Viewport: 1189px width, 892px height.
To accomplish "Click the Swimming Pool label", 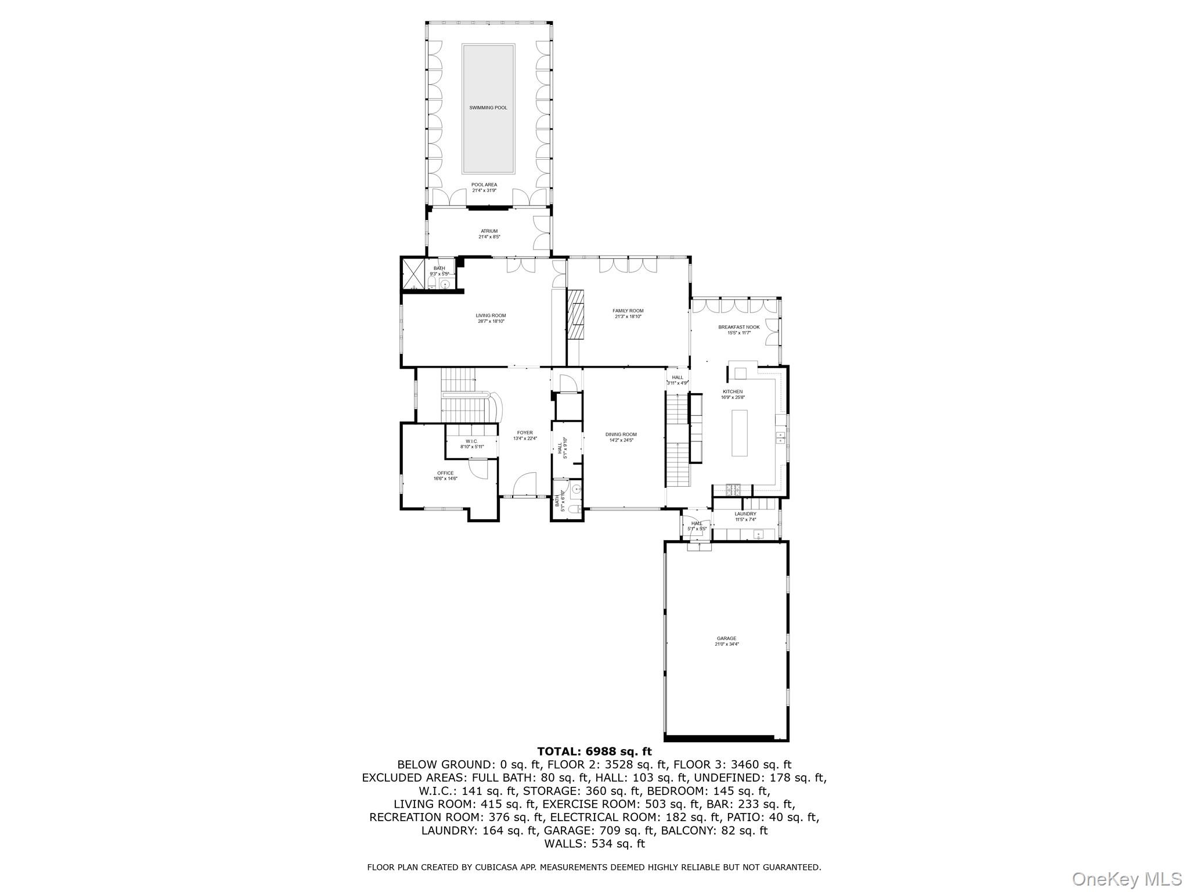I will pyautogui.click(x=488, y=107).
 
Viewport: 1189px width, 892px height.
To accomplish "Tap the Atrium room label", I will pyautogui.click(x=489, y=231).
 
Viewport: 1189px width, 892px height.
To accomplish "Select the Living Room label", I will pyautogui.click(x=491, y=316).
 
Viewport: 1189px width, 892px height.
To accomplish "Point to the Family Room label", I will pyautogui.click(x=628, y=311).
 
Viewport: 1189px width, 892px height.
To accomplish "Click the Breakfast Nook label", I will pyautogui.click(x=738, y=327).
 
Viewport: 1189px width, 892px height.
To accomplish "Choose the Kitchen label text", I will pyautogui.click(x=732, y=392).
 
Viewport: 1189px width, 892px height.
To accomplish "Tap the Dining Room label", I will pyautogui.click(x=621, y=434).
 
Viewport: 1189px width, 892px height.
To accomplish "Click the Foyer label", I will pyautogui.click(x=525, y=433).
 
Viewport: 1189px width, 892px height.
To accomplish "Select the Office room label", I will pyautogui.click(x=445, y=473).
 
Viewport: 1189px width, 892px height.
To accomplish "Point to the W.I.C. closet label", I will pyautogui.click(x=471, y=441).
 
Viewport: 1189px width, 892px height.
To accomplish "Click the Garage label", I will pyautogui.click(x=726, y=638).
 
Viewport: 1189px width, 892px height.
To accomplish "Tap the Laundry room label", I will pyautogui.click(x=745, y=514).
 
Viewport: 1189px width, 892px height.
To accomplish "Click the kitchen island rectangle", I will pyautogui.click(x=739, y=433).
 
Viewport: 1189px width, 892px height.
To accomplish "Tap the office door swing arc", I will pyautogui.click(x=479, y=468).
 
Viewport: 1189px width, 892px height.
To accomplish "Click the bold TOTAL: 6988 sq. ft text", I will pyautogui.click(x=594, y=751).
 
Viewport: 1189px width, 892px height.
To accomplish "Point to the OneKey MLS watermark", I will pyautogui.click(x=1126, y=879).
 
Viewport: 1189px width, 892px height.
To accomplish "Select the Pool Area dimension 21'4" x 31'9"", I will pyautogui.click(x=484, y=190).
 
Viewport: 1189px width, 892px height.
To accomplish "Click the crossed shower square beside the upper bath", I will pyautogui.click(x=413, y=274).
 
